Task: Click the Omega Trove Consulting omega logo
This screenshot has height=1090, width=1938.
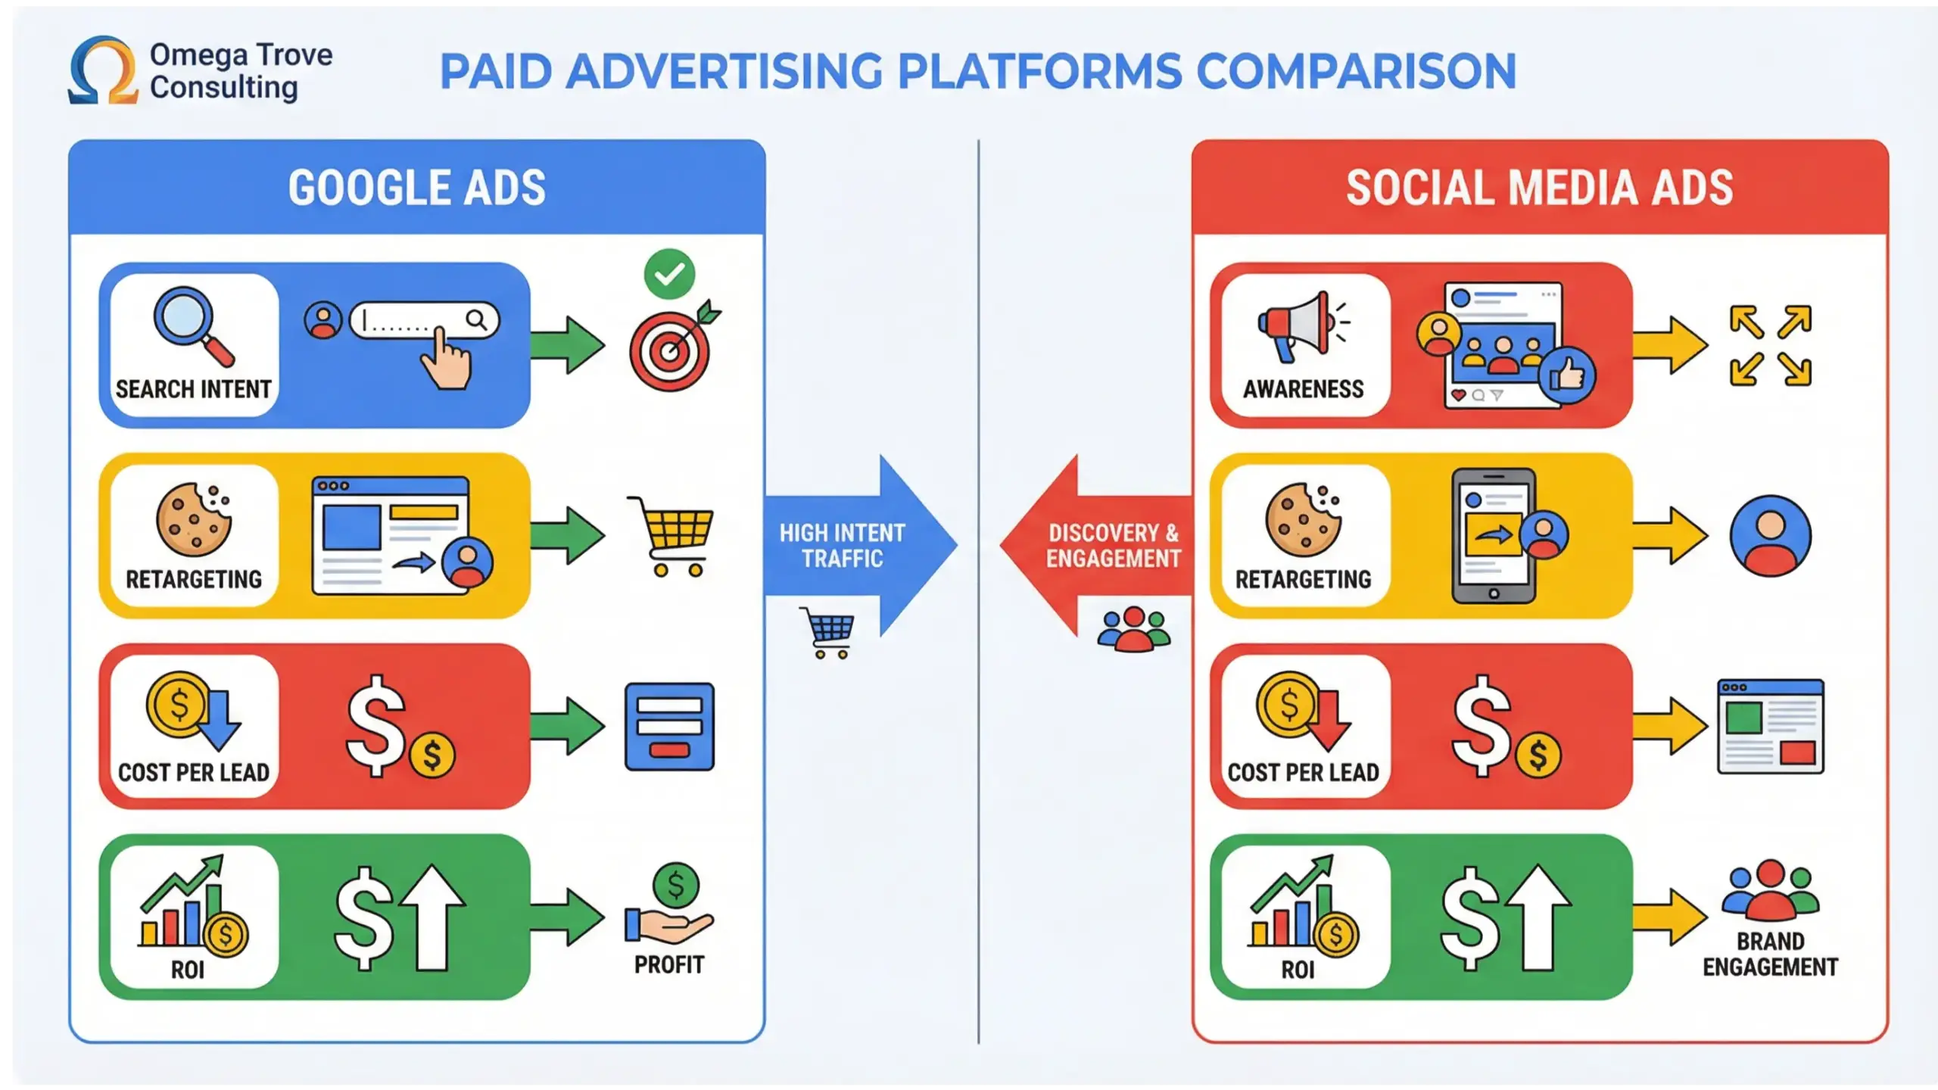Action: click(x=103, y=70)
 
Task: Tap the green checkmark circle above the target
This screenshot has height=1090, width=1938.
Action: click(x=669, y=274)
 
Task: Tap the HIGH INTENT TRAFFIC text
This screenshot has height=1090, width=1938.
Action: click(x=842, y=546)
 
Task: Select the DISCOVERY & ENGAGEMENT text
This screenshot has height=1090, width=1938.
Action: click(x=1113, y=546)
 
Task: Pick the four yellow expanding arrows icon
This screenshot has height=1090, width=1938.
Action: click(x=1770, y=346)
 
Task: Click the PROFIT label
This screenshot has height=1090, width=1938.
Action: click(x=669, y=964)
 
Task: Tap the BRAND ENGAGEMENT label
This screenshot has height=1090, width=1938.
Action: click(x=1770, y=955)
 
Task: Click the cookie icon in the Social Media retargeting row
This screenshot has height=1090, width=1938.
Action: click(x=1303, y=520)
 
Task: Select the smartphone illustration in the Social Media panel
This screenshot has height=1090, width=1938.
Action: click(x=1493, y=536)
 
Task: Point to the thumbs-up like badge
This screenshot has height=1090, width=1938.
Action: click(x=1566, y=375)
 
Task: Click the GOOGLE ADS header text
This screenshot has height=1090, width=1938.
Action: click(x=416, y=188)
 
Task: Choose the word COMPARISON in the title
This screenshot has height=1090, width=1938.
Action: click(x=1356, y=72)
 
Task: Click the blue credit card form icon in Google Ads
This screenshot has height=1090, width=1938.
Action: click(x=669, y=727)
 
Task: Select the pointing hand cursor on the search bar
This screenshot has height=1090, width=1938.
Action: click(x=447, y=360)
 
